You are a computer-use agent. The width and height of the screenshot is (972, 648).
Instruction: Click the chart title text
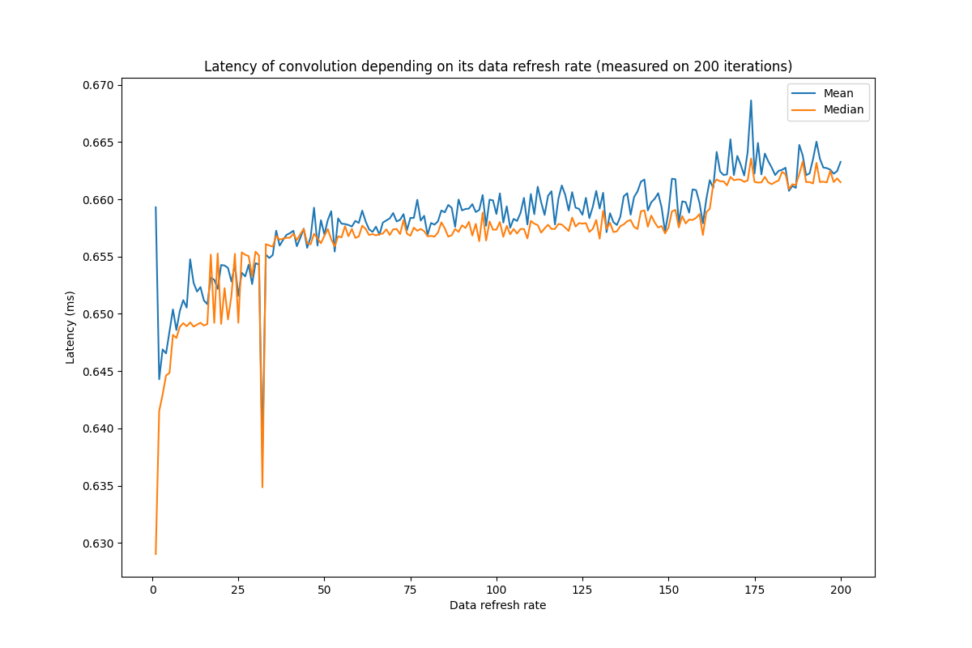click(498, 66)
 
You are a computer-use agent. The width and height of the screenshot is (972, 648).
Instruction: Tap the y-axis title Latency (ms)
click(70, 327)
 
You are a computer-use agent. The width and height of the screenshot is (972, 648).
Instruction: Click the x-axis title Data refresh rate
click(497, 605)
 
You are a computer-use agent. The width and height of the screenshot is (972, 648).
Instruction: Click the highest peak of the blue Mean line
click(751, 100)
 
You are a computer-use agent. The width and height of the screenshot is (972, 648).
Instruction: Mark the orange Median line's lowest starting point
click(156, 554)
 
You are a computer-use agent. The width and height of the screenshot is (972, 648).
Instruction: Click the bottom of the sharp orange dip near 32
click(262, 487)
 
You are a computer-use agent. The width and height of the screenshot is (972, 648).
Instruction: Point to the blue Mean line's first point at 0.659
click(156, 207)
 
